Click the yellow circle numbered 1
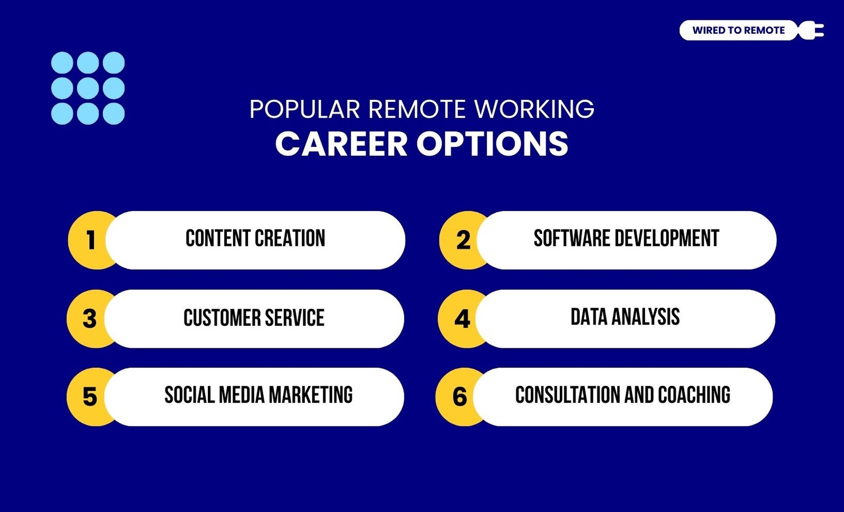pyautogui.click(x=90, y=240)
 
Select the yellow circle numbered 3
pyautogui.click(x=89, y=319)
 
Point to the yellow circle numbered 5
pyautogui.click(x=89, y=397)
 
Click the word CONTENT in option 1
pyautogui.click(x=218, y=238)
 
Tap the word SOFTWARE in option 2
pyautogui.click(x=572, y=238)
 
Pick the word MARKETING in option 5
pyautogui.click(x=311, y=395)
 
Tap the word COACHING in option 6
pyautogui.click(x=694, y=395)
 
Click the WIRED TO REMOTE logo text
pyautogui.click(x=738, y=30)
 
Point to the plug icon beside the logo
pyautogui.click(x=811, y=30)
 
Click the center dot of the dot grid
pyautogui.click(x=88, y=88)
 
